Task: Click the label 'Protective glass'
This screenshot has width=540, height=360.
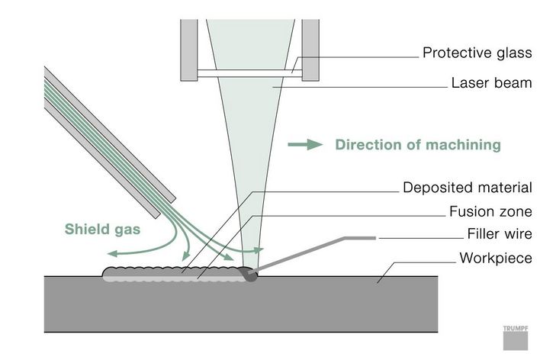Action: (x=477, y=54)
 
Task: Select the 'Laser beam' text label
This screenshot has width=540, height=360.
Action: (x=491, y=83)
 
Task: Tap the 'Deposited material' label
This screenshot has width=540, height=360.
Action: (x=466, y=188)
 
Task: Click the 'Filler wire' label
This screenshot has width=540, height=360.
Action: (x=499, y=234)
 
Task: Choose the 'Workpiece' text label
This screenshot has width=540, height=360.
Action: (x=495, y=258)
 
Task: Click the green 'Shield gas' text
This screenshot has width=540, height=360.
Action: (x=102, y=228)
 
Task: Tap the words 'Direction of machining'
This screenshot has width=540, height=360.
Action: (x=418, y=145)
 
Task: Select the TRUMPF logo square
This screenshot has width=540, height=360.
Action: (x=515, y=336)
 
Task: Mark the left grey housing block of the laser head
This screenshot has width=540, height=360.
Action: (x=189, y=50)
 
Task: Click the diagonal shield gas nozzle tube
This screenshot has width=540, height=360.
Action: (x=107, y=130)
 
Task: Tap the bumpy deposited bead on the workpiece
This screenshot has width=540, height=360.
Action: (x=175, y=272)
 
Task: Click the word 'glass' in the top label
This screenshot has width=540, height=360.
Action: (x=513, y=54)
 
